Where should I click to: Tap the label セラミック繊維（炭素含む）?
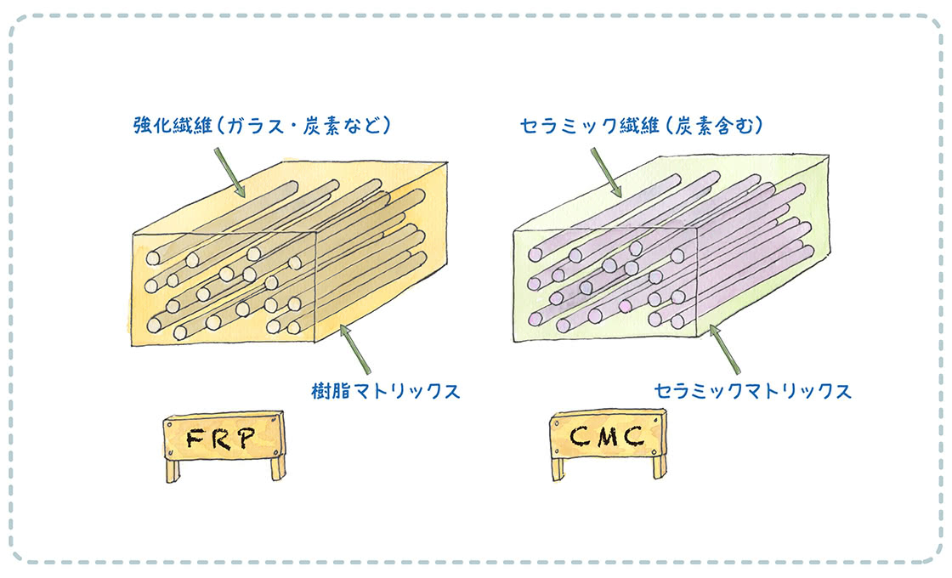point(642,126)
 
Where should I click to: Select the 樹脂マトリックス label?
point(386,391)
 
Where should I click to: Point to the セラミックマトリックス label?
point(752,391)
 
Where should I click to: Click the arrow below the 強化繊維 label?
point(228,167)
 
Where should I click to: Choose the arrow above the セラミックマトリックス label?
point(727,348)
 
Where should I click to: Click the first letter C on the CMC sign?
point(576,436)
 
